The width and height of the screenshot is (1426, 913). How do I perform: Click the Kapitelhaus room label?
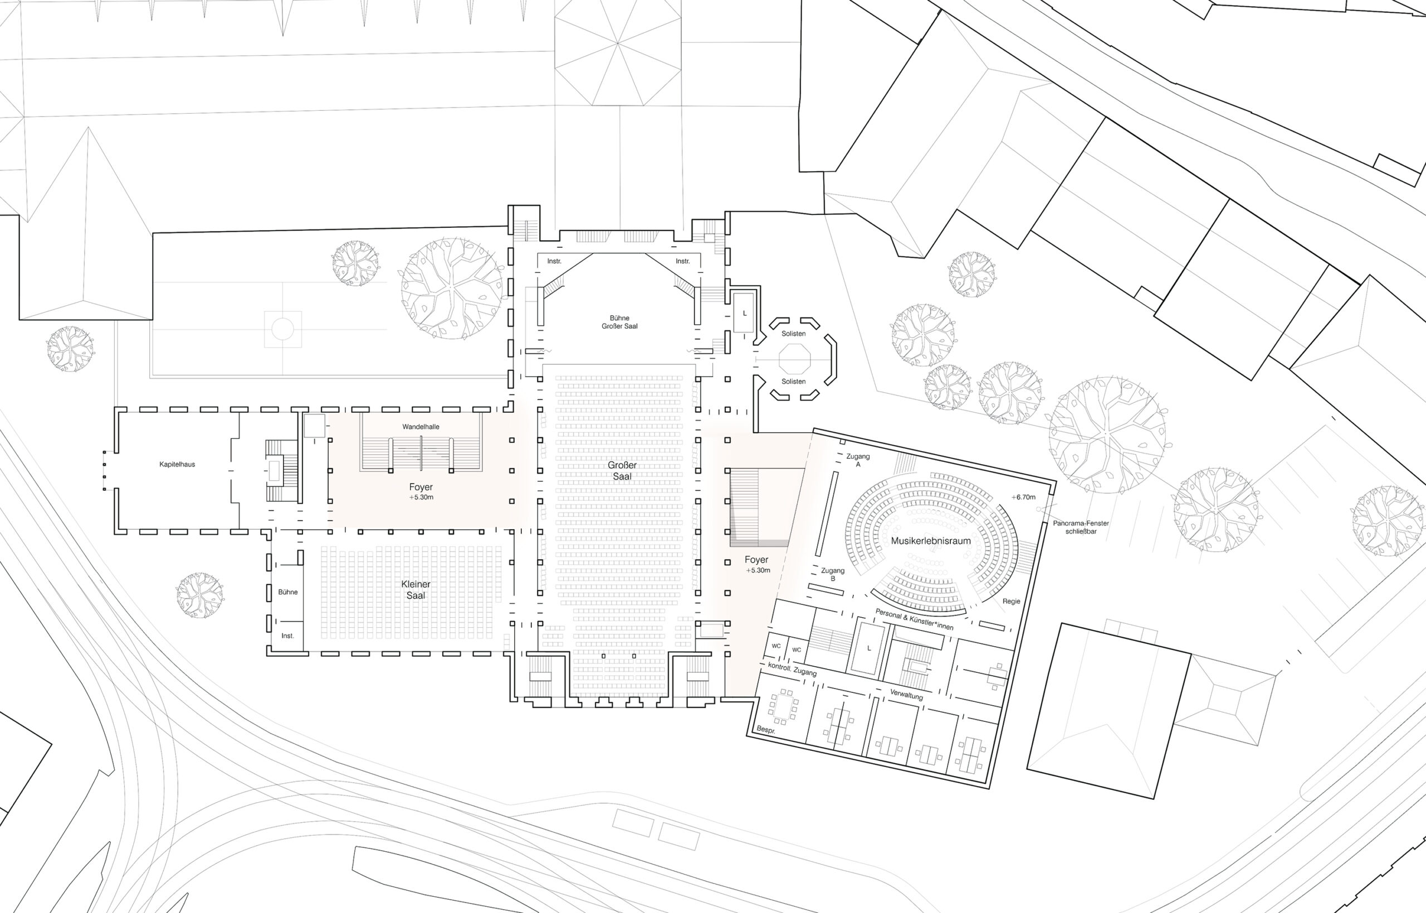tap(177, 464)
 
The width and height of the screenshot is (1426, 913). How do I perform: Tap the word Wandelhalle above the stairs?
tap(421, 427)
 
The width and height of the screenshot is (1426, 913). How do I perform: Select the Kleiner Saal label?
tap(416, 589)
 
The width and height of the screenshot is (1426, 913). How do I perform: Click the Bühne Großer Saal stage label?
tap(619, 322)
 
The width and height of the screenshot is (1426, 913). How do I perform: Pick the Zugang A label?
tap(858, 461)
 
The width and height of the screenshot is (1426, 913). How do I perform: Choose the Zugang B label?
tap(833, 574)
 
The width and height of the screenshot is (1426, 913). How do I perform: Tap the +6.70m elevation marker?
tap(1024, 497)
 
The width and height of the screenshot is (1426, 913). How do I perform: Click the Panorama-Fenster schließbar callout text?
tap(1081, 527)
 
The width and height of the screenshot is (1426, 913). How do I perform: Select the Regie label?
tap(1011, 601)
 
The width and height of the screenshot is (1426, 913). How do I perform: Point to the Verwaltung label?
tap(906, 695)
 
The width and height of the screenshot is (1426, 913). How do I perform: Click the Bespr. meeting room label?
tap(766, 730)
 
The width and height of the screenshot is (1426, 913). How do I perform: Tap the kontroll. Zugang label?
tap(792, 670)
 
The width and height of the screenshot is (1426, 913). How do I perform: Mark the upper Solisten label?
tap(794, 334)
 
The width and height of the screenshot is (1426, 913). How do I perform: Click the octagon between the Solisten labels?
tap(794, 358)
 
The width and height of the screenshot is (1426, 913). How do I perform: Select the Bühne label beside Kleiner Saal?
tap(288, 592)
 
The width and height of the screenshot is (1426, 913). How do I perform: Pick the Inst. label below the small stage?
tap(287, 636)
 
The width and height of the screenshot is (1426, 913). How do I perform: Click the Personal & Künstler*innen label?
tap(914, 619)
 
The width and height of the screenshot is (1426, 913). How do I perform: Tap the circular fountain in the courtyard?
tap(283, 329)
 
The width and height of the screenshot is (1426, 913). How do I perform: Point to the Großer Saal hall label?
tap(622, 471)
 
